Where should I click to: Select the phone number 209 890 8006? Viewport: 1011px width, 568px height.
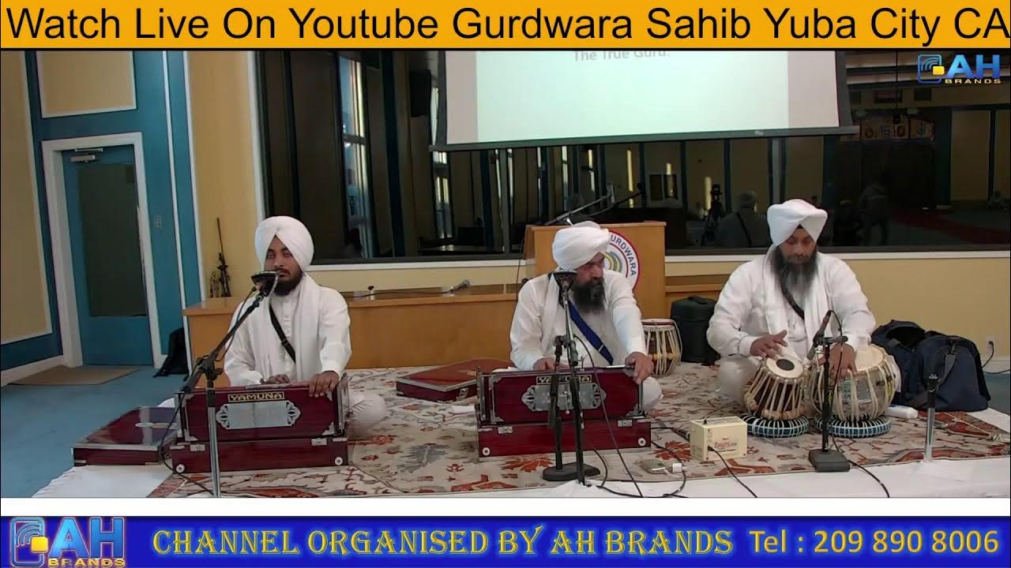[x=906, y=542]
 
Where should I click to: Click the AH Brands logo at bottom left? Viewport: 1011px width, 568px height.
[x=66, y=542]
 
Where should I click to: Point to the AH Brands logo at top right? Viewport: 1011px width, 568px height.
[x=959, y=69]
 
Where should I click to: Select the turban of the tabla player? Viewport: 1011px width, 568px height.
[x=797, y=221]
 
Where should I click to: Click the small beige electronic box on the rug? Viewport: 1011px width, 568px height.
[x=717, y=438]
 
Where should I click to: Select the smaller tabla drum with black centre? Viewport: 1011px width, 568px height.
[x=776, y=387]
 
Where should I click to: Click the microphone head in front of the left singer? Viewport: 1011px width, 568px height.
[x=262, y=278]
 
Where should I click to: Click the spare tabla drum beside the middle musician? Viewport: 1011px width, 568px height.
[x=662, y=345]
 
